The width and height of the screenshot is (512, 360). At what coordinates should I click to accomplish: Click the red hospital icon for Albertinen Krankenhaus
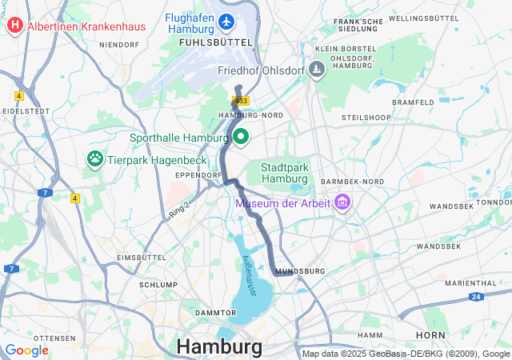coord(14,26)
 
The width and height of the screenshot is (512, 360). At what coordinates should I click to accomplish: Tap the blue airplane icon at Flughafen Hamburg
coord(227,19)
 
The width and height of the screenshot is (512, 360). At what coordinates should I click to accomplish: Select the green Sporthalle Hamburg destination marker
coord(239,137)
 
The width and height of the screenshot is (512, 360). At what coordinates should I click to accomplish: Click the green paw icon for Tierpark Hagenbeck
coord(94,158)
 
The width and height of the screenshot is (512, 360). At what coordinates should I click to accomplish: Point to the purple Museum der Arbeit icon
coord(343,202)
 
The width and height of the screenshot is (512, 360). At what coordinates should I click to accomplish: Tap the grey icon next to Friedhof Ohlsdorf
coord(318,70)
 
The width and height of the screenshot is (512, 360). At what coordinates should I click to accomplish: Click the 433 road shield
coord(242,100)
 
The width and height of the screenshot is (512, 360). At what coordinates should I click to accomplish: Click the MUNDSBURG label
coord(300,272)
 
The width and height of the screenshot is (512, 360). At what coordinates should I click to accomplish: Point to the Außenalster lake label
coord(249,277)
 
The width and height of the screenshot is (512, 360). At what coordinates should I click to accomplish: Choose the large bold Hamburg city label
coord(218,346)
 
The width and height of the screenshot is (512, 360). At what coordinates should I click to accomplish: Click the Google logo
coord(27,350)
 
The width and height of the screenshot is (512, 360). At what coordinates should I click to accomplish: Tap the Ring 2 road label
coord(179,208)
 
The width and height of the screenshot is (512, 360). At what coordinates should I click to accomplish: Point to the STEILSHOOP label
coord(366,118)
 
